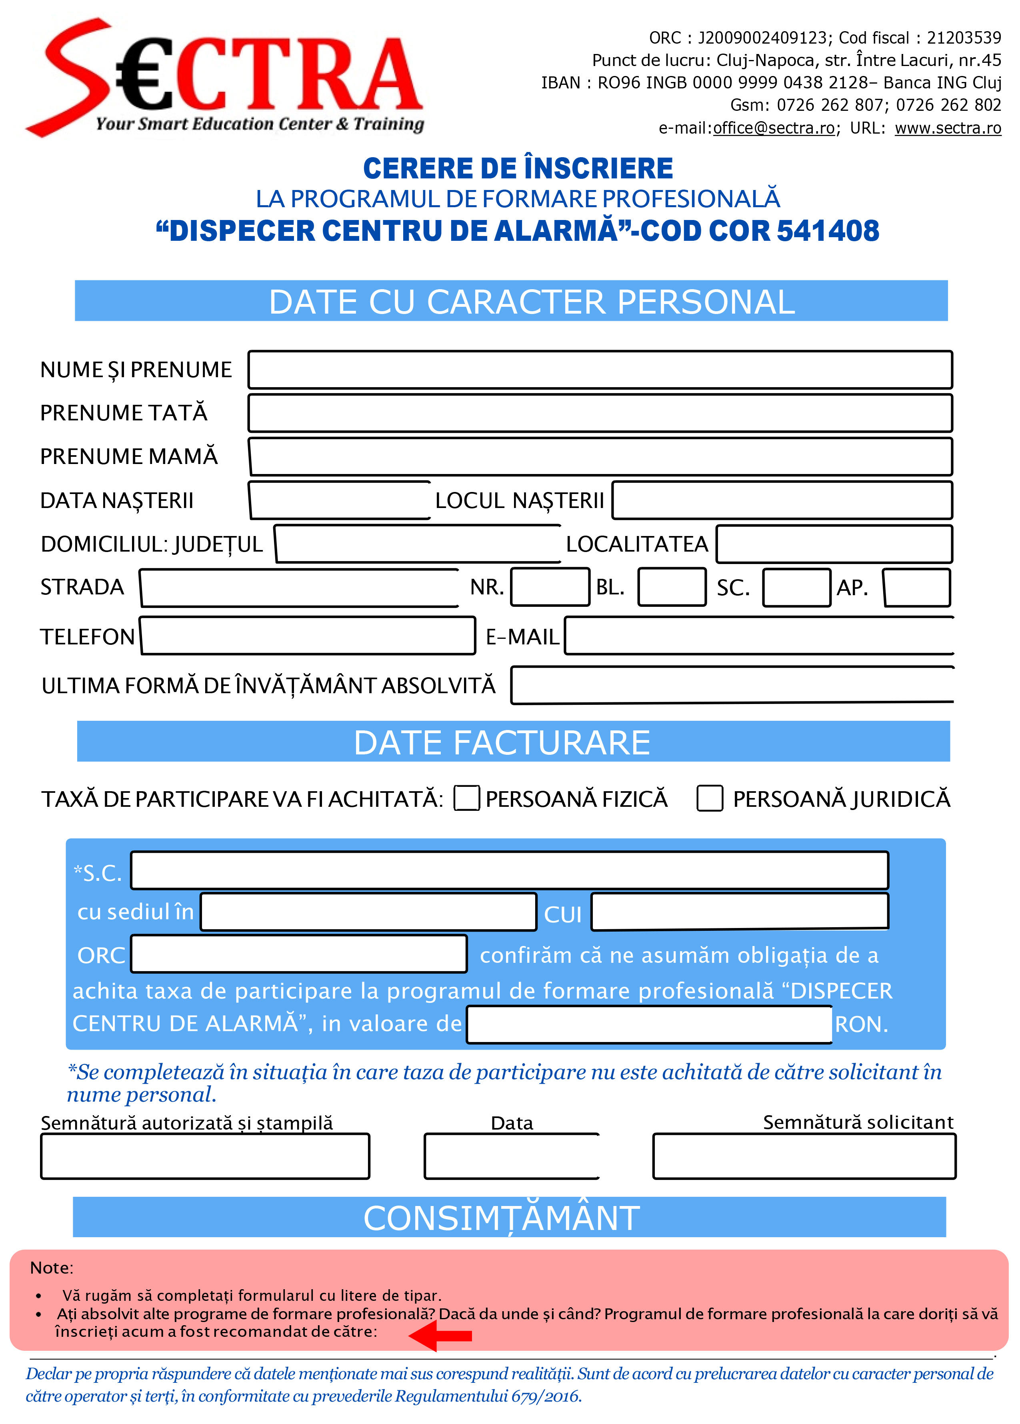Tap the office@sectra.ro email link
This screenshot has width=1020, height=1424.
coord(773,128)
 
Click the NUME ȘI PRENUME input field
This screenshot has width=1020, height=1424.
coord(600,370)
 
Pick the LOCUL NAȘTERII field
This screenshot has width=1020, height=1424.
coord(782,500)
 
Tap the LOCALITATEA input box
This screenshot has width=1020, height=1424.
coord(834,544)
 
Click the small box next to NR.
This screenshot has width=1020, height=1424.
coord(550,587)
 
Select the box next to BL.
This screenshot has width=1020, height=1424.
coord(672,587)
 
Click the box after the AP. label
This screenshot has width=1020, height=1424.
coord(916,587)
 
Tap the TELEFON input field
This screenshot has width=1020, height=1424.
coord(308,636)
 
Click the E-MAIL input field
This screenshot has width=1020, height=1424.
coord(758,636)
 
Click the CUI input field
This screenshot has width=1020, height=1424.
coord(740,911)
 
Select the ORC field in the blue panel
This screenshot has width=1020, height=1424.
coord(299,954)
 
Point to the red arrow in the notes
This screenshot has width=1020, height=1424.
coord(441,1336)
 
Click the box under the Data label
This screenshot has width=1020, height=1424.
coord(512,1156)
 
